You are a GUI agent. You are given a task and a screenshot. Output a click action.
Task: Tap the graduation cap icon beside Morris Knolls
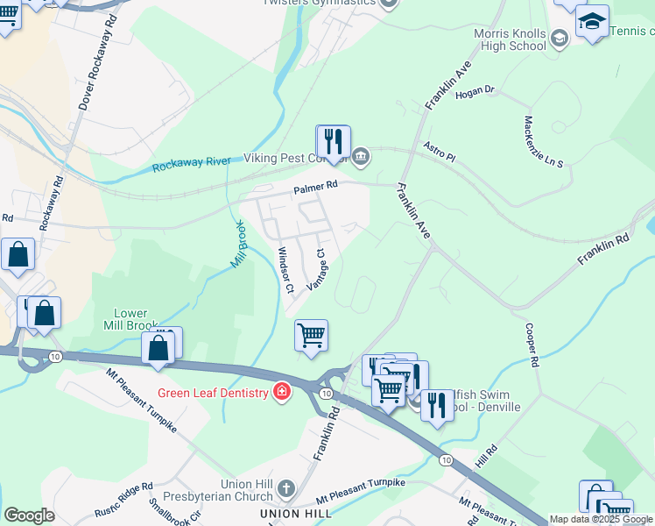(593, 21)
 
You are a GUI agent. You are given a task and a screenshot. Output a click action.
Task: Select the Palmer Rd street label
(315, 187)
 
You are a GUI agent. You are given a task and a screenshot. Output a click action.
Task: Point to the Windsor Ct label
(285, 270)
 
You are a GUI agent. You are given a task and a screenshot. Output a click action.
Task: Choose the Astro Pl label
(440, 151)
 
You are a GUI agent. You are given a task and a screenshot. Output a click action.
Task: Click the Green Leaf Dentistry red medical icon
(282, 392)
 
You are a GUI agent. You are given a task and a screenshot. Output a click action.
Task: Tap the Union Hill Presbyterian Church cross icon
(286, 487)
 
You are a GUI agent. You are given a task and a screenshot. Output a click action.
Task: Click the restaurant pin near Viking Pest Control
(333, 142)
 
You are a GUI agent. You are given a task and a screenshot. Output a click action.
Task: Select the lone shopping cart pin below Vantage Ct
(311, 336)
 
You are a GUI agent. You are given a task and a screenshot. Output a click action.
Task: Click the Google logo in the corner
(30, 515)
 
